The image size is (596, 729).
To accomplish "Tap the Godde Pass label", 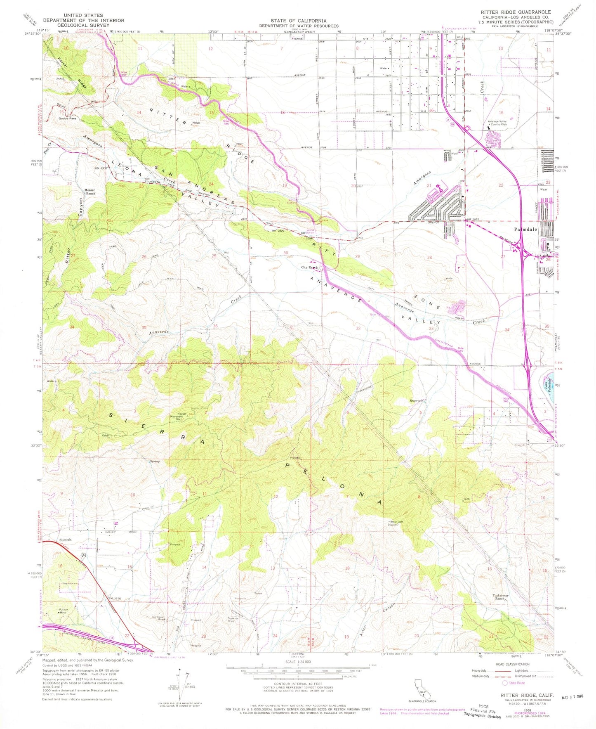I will [67, 118].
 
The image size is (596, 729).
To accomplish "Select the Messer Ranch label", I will [90, 192].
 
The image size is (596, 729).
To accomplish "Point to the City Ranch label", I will [310, 267].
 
